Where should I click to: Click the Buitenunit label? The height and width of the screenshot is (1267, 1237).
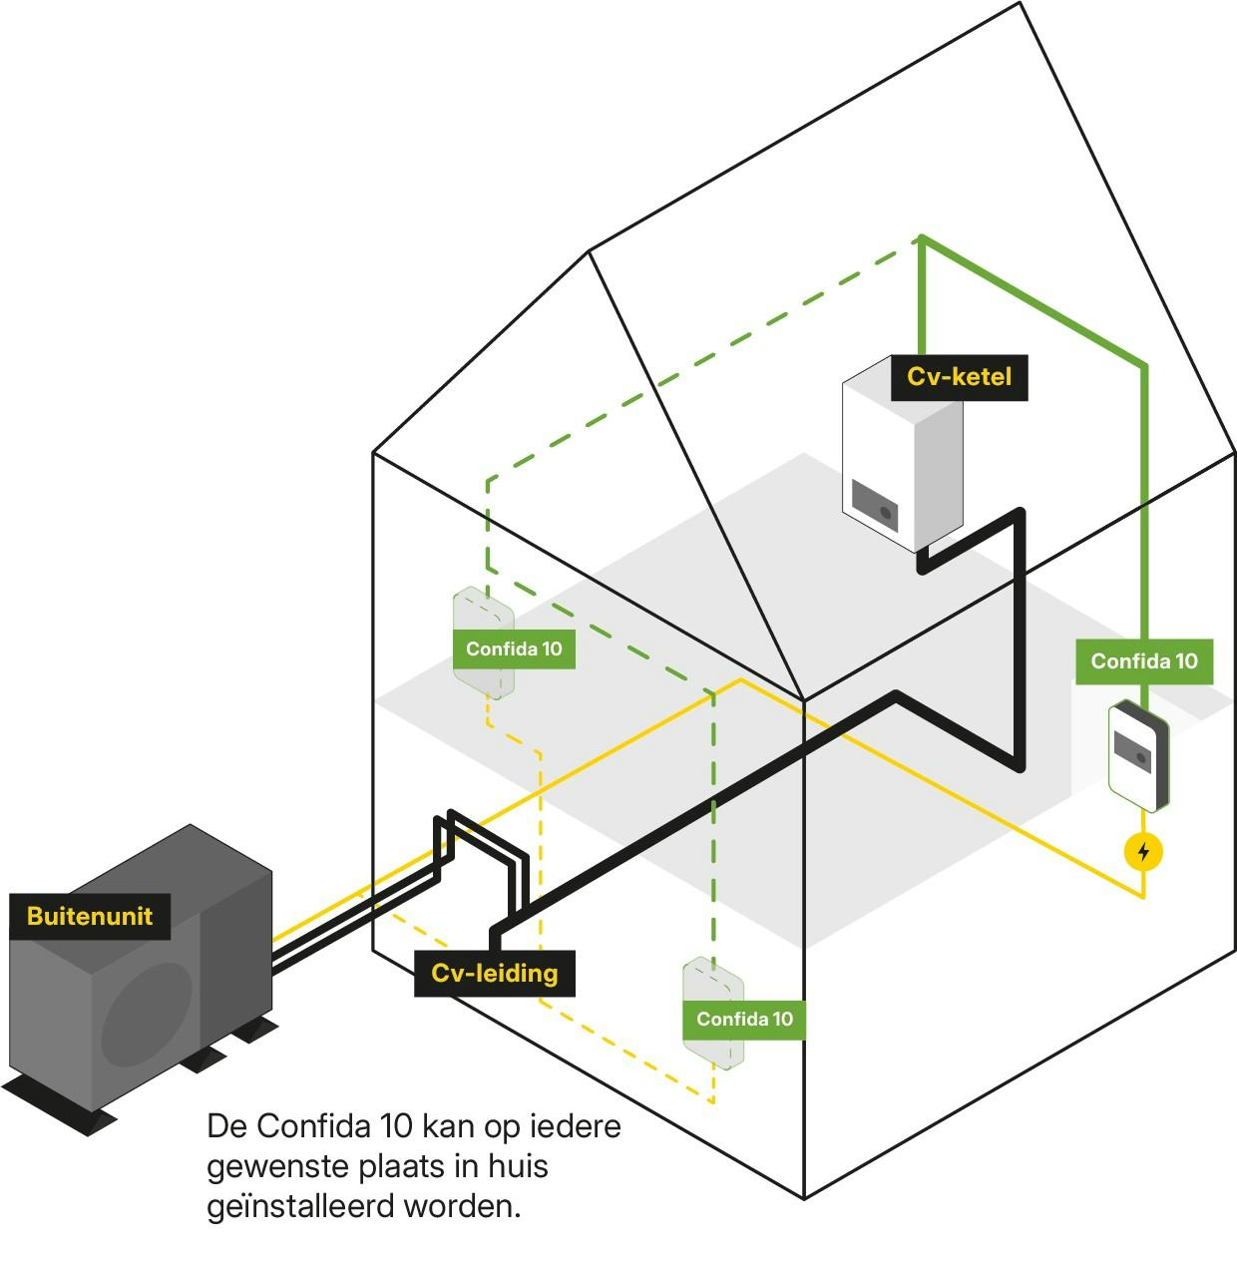tap(90, 916)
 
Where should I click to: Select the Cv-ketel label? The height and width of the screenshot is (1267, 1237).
tap(959, 377)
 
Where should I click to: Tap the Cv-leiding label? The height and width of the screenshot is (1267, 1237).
tap(494, 973)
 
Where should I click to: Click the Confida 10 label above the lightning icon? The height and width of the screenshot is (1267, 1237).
tap(1143, 661)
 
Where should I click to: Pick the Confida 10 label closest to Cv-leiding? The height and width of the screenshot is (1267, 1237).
tap(744, 1019)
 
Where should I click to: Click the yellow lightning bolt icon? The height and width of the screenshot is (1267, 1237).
tap(1143, 852)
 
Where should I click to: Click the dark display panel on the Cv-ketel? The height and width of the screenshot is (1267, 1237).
tap(874, 505)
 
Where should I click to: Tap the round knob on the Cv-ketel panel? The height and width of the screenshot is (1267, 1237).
tap(885, 513)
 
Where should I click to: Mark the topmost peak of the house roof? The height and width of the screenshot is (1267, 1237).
tap(1019, 4)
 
